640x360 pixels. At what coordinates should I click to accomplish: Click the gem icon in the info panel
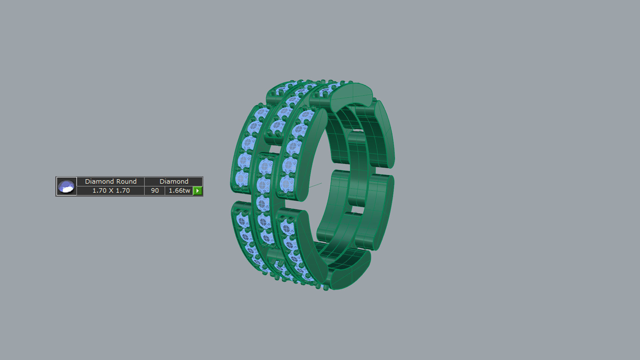click(x=66, y=186)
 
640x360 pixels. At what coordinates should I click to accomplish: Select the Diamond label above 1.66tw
click(x=174, y=181)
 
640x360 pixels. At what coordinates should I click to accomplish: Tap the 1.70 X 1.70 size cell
click(x=111, y=191)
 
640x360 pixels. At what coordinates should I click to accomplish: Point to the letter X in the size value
click(x=111, y=191)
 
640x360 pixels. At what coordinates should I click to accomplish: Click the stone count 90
click(x=155, y=191)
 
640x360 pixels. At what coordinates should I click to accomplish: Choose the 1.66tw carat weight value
click(x=179, y=191)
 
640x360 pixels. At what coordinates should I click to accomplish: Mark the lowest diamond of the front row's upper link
click(x=286, y=183)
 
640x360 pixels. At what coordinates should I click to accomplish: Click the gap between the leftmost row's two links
click(x=241, y=197)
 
